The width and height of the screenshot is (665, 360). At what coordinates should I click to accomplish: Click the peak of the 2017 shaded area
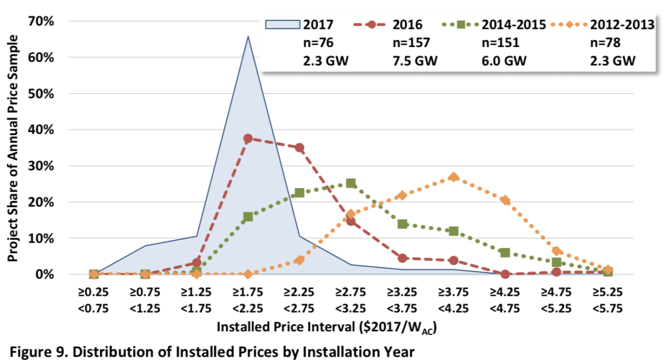click(x=248, y=37)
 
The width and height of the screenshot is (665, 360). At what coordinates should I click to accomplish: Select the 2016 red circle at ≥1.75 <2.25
click(x=248, y=138)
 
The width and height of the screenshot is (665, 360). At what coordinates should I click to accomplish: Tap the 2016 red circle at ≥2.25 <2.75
click(x=299, y=148)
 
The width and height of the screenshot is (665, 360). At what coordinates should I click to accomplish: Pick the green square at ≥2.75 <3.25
click(x=351, y=183)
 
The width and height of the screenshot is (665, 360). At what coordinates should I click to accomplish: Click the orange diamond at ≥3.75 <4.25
click(x=454, y=177)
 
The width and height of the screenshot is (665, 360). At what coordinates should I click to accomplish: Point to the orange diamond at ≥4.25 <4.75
click(x=505, y=200)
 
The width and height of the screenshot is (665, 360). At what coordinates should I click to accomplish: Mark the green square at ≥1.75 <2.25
click(x=248, y=217)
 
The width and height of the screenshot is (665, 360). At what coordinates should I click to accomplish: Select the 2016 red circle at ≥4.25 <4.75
click(x=505, y=274)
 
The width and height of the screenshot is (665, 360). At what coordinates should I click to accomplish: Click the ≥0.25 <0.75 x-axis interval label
click(x=94, y=300)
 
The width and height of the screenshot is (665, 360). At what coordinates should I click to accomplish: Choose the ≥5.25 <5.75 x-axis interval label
click(x=608, y=300)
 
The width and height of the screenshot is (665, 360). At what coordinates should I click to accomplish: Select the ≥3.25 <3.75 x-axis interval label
click(x=402, y=300)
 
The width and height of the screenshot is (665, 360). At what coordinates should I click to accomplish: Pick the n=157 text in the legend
click(x=411, y=43)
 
